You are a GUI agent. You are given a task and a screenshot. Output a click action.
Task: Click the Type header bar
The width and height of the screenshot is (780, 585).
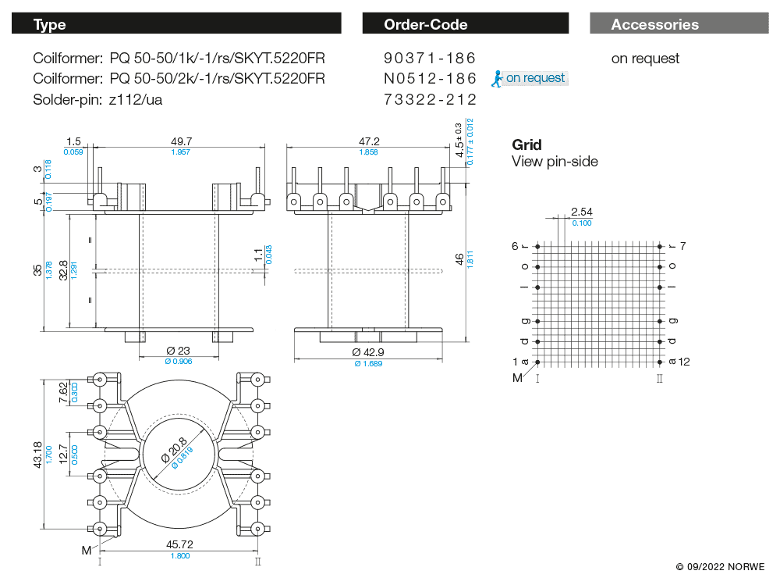click(x=176, y=24)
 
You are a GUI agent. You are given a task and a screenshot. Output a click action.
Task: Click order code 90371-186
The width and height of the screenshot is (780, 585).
click(x=430, y=59)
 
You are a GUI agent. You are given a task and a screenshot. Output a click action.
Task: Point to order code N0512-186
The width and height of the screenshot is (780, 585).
click(x=430, y=79)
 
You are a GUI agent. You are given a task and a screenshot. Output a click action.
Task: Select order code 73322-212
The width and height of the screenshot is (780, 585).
click(x=430, y=99)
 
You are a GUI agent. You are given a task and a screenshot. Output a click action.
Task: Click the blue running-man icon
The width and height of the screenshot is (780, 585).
click(x=496, y=78)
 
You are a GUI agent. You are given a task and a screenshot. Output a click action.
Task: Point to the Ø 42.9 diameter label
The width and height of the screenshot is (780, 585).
click(x=368, y=353)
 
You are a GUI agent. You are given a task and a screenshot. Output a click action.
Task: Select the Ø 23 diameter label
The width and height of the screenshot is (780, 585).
click(x=179, y=351)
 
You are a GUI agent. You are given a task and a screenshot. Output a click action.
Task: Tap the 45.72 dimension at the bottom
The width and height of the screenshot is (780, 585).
click(x=179, y=544)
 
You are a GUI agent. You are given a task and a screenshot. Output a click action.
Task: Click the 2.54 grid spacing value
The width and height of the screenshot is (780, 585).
click(x=582, y=212)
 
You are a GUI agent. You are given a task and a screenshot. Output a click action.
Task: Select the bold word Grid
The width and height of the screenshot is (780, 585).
click(x=526, y=144)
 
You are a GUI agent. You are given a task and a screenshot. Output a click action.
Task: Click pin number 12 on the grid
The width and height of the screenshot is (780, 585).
click(x=685, y=362)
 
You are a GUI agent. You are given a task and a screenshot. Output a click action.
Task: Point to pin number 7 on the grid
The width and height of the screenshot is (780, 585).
click(x=682, y=246)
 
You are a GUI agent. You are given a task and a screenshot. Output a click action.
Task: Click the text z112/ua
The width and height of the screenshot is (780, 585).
click(x=136, y=99)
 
